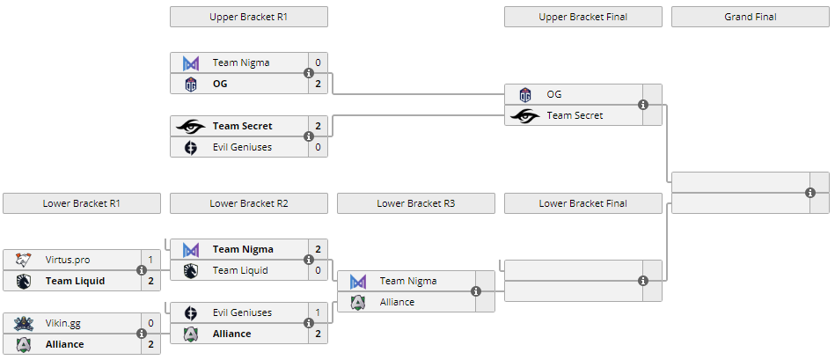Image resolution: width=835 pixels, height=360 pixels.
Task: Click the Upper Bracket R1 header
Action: (x=248, y=17)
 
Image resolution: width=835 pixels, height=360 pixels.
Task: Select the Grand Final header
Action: (x=750, y=17)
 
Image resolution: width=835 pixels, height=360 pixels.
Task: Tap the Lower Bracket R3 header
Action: (x=415, y=203)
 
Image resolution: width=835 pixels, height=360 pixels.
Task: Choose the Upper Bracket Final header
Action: (x=582, y=17)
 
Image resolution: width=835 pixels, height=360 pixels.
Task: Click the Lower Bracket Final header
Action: (x=582, y=203)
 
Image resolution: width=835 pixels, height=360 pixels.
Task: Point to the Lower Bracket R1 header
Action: (x=81, y=203)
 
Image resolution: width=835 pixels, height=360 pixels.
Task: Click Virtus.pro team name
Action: (x=68, y=260)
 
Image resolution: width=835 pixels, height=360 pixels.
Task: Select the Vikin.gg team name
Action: (x=63, y=323)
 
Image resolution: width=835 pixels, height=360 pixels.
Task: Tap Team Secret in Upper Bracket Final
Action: (x=575, y=115)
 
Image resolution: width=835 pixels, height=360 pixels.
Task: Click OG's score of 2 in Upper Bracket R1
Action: (x=318, y=84)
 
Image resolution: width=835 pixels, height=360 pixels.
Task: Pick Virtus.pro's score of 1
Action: (x=150, y=260)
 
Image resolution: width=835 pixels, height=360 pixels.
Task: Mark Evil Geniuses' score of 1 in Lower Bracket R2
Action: (x=318, y=312)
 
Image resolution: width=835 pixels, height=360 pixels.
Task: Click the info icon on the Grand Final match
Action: (x=810, y=193)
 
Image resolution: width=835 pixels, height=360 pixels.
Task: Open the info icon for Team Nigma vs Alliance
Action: (x=476, y=291)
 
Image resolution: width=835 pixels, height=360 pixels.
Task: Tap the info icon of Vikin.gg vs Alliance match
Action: (x=142, y=334)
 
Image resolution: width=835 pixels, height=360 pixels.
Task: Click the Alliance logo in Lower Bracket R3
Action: (x=358, y=302)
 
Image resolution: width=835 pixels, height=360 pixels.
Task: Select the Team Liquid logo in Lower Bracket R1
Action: (x=24, y=281)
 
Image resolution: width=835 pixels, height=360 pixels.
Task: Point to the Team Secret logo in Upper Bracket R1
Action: (x=191, y=126)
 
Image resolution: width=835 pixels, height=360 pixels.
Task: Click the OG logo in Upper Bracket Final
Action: (x=525, y=94)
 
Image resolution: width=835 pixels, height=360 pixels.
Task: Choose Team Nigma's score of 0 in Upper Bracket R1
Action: (x=318, y=62)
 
